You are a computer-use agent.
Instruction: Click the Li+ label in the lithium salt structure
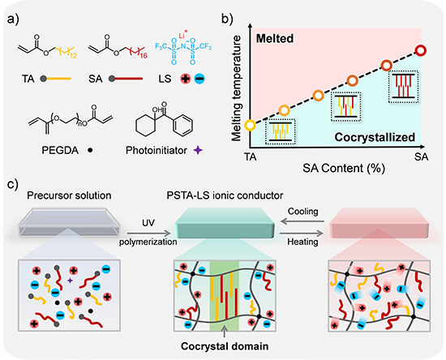(x=183, y=34)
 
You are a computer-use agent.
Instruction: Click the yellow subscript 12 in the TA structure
(x=73, y=55)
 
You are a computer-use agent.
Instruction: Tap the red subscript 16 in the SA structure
(x=144, y=55)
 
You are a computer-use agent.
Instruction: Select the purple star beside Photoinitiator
(x=198, y=150)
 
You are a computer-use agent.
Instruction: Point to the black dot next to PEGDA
(x=90, y=150)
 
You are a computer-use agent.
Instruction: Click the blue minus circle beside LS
(x=199, y=79)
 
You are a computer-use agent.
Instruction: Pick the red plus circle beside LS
(x=186, y=79)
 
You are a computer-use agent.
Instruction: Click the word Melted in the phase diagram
(x=275, y=38)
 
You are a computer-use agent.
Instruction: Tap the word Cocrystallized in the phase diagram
(x=375, y=137)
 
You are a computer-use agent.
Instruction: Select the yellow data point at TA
(x=251, y=125)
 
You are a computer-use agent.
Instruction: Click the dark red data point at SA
(x=420, y=50)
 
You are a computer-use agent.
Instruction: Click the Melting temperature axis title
(x=236, y=88)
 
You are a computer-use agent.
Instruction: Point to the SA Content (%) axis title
(x=344, y=169)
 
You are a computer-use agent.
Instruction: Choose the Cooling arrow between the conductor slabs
(x=302, y=221)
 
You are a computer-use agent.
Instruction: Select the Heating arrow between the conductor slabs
(x=302, y=234)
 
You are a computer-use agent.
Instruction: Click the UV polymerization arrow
(x=148, y=234)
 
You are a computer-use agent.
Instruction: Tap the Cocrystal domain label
(x=225, y=346)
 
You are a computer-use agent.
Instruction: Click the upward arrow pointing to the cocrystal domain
(x=225, y=332)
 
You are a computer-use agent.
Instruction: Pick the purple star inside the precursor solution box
(x=70, y=281)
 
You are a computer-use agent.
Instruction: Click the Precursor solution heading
(x=69, y=195)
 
